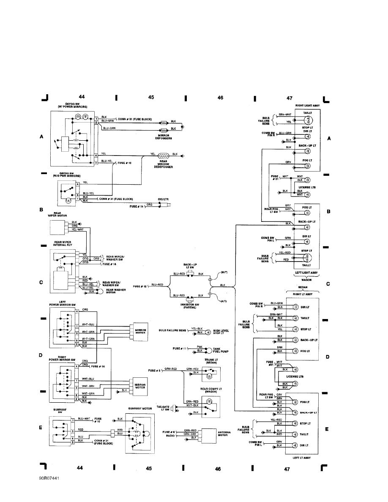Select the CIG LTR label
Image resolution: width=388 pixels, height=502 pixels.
(164, 199)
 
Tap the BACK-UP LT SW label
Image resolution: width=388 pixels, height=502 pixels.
(189, 264)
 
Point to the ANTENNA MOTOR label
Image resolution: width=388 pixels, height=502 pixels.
(223, 434)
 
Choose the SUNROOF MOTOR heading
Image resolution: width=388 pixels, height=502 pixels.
(140, 409)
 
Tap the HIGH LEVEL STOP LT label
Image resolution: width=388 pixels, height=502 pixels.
(221, 332)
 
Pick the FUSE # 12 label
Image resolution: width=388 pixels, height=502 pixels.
(140, 286)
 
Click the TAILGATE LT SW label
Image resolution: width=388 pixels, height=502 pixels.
(163, 408)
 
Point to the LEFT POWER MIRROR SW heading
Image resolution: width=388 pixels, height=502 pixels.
(62, 303)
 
